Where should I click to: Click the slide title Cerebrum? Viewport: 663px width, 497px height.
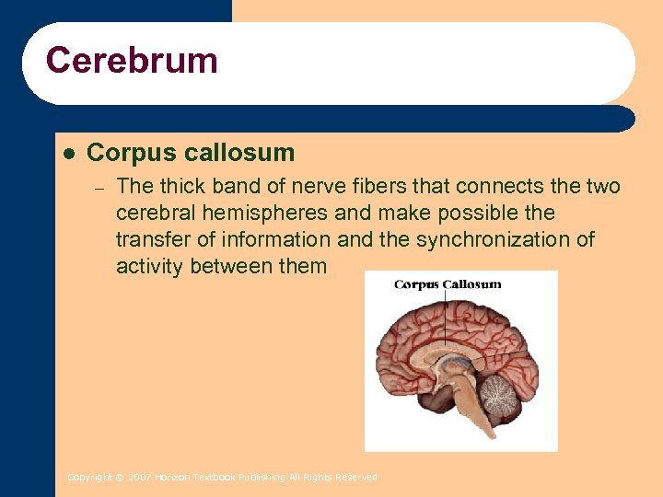click(x=132, y=62)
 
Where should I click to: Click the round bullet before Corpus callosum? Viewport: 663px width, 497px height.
click(x=67, y=152)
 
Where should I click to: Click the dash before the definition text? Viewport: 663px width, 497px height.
click(x=101, y=187)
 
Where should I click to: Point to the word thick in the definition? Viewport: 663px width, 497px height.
click(x=182, y=186)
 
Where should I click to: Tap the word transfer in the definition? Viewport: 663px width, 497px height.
click(x=151, y=239)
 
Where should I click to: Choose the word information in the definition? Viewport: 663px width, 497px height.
click(x=274, y=239)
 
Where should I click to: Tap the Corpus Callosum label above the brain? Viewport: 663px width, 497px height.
click(x=448, y=284)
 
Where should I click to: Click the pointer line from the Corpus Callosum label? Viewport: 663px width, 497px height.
click(x=448, y=318)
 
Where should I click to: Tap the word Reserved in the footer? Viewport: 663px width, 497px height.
click(x=357, y=478)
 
